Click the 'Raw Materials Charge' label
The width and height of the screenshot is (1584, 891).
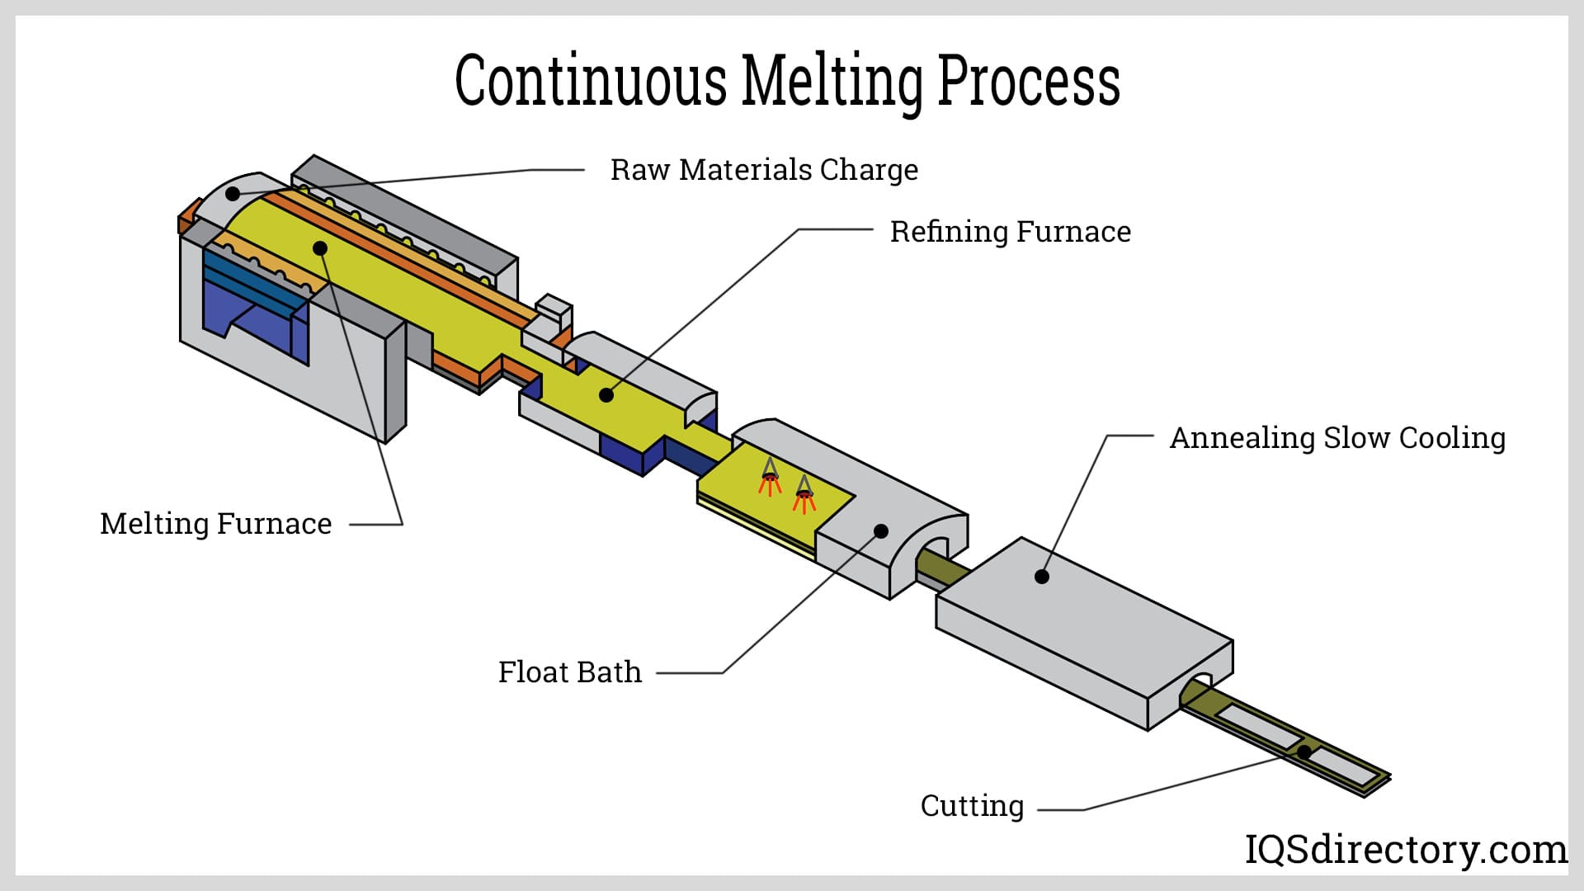click(x=763, y=170)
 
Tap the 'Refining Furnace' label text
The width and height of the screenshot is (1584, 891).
click(x=1010, y=232)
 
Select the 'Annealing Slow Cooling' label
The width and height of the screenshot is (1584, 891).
click(x=1337, y=438)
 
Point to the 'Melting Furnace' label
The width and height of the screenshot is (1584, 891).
click(x=215, y=524)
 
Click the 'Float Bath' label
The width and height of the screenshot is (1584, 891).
click(x=569, y=672)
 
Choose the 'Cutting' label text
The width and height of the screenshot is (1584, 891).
click(x=972, y=806)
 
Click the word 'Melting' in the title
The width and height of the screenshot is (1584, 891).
click(x=831, y=81)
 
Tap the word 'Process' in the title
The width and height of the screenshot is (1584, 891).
click(x=1029, y=81)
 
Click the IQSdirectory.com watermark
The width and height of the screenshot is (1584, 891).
click(x=1405, y=849)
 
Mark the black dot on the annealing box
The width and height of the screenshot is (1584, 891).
click(x=1042, y=577)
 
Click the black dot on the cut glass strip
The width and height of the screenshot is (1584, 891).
click(x=1304, y=752)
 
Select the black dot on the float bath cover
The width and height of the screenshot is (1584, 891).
click(x=881, y=531)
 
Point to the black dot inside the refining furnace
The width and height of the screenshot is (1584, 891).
click(x=606, y=395)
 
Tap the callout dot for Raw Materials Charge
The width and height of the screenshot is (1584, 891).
click(x=233, y=194)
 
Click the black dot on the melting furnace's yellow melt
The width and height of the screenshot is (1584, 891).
click(x=320, y=247)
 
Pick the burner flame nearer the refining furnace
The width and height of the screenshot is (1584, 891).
click(x=770, y=478)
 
